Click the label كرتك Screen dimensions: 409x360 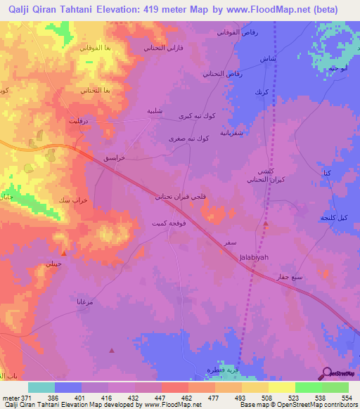pos(262,93)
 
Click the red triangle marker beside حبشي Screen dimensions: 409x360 pos(64,253)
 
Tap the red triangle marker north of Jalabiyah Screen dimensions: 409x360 pos(266,223)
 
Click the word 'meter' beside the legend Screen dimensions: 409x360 pos(10,398)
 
